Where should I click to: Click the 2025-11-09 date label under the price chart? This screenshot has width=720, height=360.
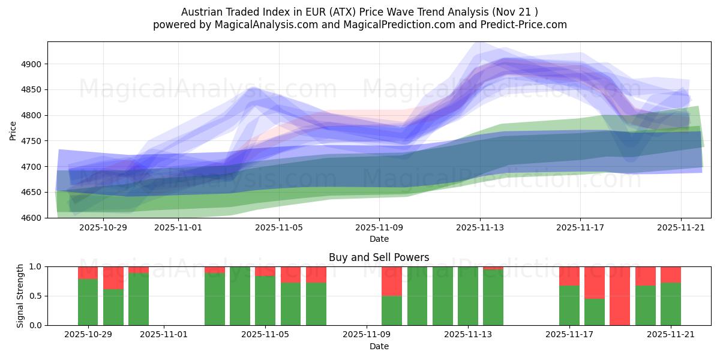coord(379,227)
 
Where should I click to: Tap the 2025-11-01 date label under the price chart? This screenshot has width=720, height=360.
coord(178,227)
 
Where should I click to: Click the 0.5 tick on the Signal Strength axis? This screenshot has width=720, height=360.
coord(35,296)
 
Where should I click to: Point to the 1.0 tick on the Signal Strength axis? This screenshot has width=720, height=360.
coord(35,266)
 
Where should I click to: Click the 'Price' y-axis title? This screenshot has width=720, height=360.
coord(13,130)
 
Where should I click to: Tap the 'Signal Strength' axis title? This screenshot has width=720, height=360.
coord(20,296)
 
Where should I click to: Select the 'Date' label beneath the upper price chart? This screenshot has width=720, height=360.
coord(379,239)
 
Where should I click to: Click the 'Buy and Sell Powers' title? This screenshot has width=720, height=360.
coord(379,257)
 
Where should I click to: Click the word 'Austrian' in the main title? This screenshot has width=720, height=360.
coord(200,12)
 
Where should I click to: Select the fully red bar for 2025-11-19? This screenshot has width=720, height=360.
coord(620,296)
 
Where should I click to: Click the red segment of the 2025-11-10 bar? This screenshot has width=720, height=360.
coord(392,281)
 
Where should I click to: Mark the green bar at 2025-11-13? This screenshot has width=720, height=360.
coord(467,296)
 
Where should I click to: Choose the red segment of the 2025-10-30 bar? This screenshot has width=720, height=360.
coord(113,277)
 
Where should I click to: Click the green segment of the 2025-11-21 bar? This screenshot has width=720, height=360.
coord(671,304)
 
